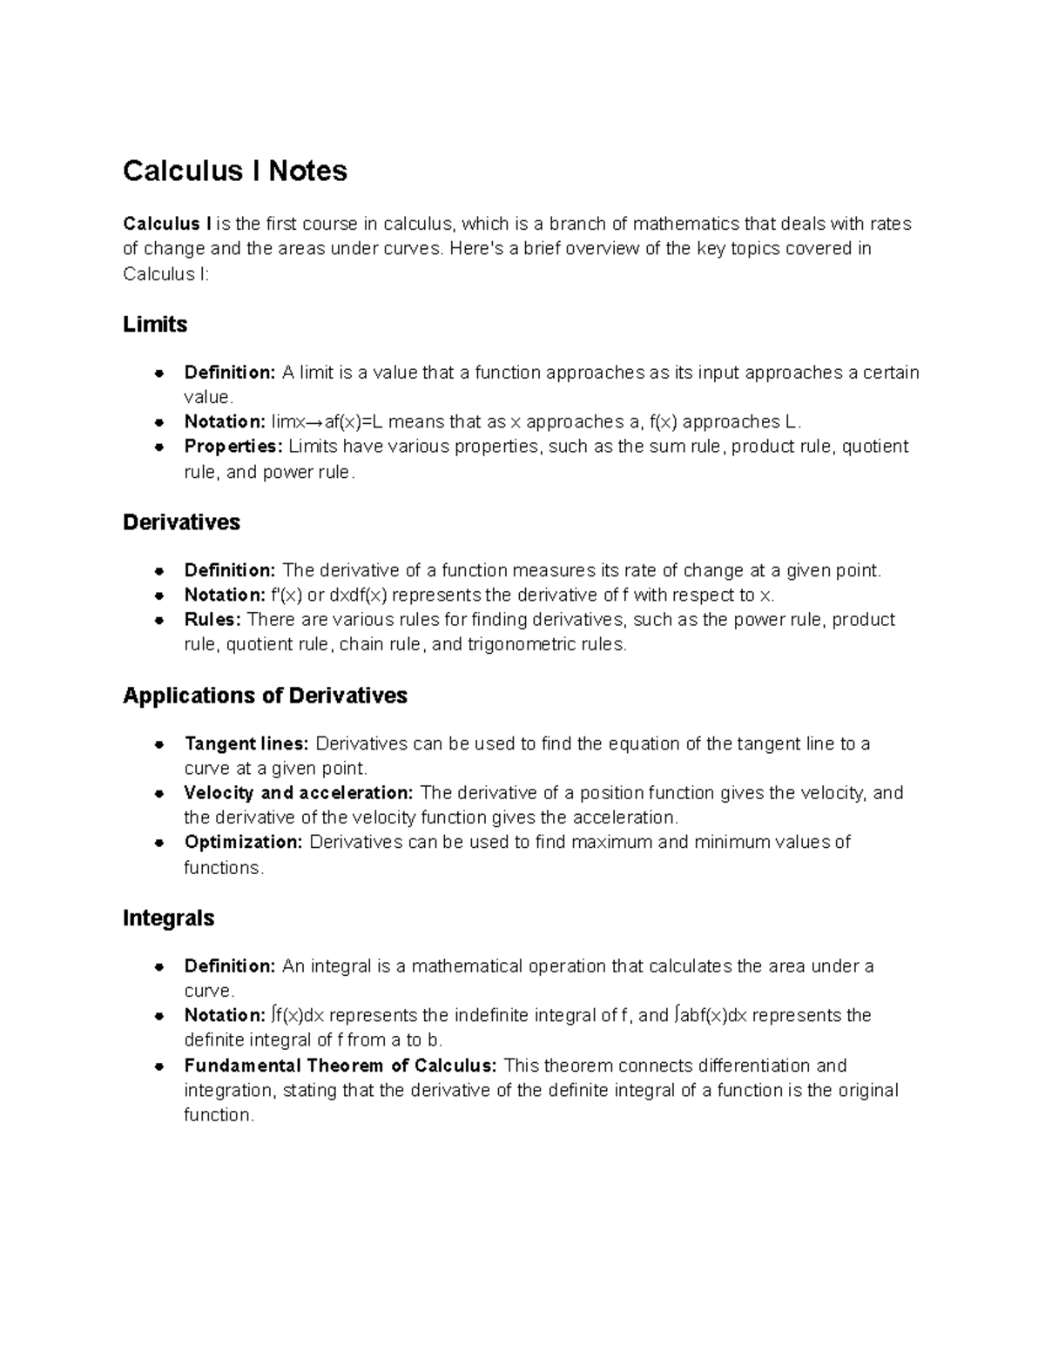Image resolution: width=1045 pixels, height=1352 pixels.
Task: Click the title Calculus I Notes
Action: click(x=234, y=171)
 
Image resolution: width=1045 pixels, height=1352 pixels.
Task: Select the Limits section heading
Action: click(x=155, y=325)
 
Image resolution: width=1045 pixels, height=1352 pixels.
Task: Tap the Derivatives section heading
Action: click(x=181, y=522)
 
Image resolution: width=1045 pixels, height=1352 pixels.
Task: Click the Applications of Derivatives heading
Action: click(x=265, y=696)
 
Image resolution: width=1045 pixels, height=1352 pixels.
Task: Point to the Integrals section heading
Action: click(x=168, y=918)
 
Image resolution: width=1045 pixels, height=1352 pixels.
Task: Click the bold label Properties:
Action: click(x=233, y=447)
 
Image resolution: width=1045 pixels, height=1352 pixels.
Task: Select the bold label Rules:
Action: click(x=212, y=620)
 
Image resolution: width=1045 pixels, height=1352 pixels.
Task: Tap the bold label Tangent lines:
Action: click(x=246, y=744)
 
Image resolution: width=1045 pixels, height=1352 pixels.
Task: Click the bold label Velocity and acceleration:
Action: click(x=299, y=793)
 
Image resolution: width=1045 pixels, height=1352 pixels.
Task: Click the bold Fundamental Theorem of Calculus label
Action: click(x=340, y=1066)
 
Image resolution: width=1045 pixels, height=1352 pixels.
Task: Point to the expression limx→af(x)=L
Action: click(x=327, y=422)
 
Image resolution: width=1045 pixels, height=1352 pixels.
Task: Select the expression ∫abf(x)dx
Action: click(x=711, y=1016)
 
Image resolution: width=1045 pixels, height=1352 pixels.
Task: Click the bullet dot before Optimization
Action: click(x=159, y=843)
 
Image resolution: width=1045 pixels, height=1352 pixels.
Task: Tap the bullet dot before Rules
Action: click(x=159, y=621)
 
